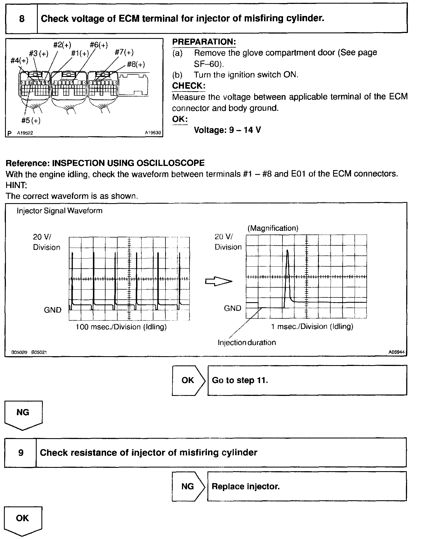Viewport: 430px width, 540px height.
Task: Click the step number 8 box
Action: [x=22, y=19]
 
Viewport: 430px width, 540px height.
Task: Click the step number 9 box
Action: [x=21, y=452]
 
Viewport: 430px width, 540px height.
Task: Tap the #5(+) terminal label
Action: [x=31, y=121]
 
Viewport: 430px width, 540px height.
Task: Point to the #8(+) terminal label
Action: [x=136, y=65]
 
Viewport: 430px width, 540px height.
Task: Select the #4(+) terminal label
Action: [x=19, y=60]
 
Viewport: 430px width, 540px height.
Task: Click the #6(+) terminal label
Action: [x=99, y=45]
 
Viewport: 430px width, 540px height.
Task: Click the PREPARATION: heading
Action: [x=204, y=42]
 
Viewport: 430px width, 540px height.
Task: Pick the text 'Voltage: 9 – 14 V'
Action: [x=227, y=130]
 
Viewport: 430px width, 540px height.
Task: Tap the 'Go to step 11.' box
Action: [x=307, y=380]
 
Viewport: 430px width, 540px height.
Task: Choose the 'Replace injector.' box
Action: [x=307, y=486]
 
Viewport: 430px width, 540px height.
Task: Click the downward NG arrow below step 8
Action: [x=23, y=415]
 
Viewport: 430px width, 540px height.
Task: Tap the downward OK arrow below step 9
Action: [x=23, y=521]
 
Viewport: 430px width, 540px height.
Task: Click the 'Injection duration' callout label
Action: [x=247, y=342]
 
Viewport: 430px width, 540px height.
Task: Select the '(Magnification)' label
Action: [x=273, y=228]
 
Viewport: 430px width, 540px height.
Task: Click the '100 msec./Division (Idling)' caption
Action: [x=121, y=327]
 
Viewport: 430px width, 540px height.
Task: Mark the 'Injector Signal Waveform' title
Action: [x=60, y=211]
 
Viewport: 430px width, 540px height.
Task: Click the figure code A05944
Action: [x=396, y=352]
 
